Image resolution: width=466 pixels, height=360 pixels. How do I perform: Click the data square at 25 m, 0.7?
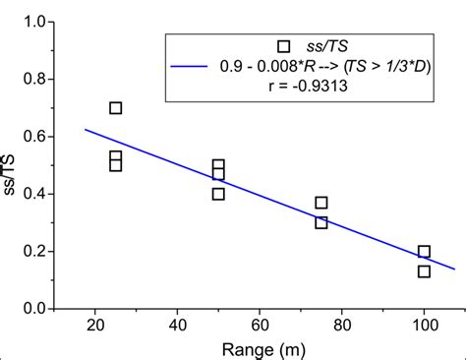[116, 108]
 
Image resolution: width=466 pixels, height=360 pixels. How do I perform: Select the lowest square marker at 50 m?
[218, 194]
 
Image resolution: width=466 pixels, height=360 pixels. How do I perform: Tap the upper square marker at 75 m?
[321, 203]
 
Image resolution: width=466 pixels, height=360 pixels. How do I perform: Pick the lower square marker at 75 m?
[321, 222]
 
